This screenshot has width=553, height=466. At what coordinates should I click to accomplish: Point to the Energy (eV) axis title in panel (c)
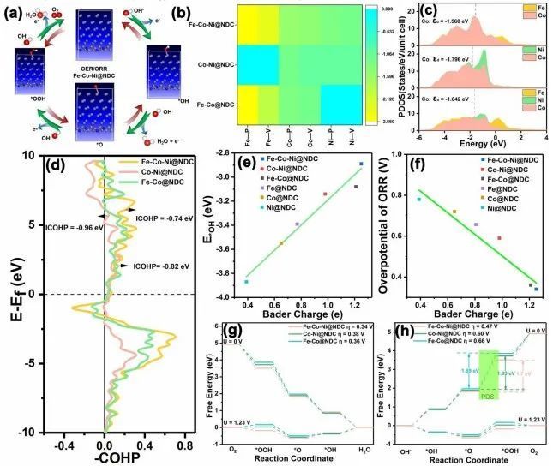click(457, 145)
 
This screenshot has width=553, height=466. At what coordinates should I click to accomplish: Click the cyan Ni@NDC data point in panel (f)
click(418, 200)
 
